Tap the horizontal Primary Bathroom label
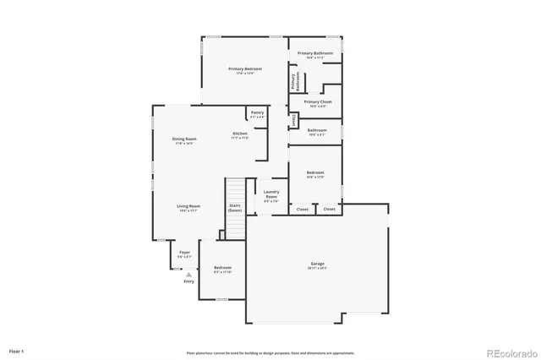point(315,54)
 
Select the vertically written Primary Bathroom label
point(295,81)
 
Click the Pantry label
point(256,113)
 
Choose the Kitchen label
point(241,134)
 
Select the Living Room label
point(188,207)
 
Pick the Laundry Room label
point(271,195)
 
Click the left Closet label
point(302,209)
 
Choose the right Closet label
point(329,209)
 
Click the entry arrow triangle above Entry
point(189,274)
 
